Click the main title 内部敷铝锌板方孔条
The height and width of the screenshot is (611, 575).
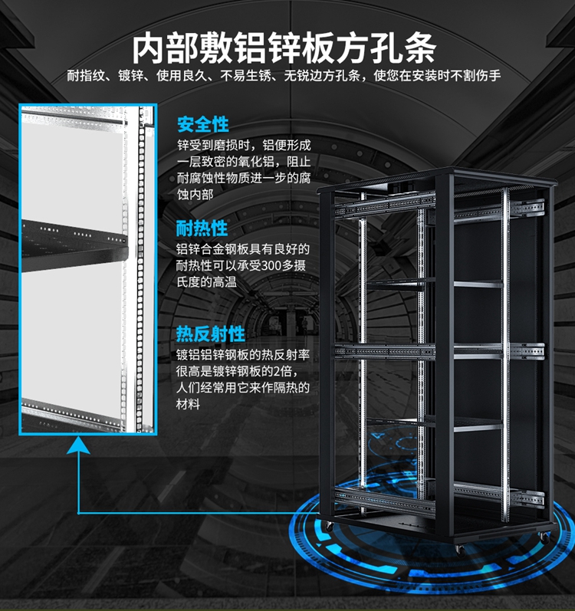pos(284,48)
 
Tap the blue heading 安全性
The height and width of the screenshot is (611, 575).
pos(203,125)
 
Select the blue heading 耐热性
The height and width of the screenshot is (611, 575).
pos(202,228)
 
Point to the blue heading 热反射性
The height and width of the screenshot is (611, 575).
pos(210,333)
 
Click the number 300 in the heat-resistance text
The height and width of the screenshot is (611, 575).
pos(271,265)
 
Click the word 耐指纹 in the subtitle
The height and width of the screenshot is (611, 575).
pos(86,75)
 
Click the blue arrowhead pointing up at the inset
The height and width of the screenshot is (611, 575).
pos(78,445)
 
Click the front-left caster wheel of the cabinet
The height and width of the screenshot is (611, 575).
pos(329,527)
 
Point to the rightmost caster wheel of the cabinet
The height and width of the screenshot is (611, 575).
pos(544,538)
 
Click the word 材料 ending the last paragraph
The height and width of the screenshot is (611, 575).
pos(188,404)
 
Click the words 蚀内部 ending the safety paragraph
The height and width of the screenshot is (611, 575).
pos(195,194)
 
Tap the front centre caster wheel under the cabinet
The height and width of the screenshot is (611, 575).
pos(460,550)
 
